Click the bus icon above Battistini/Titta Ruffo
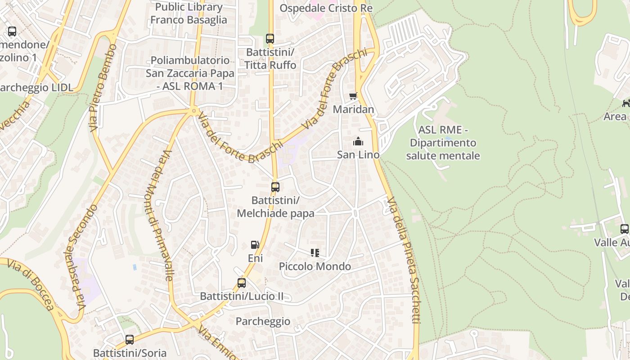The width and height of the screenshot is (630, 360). [270, 39]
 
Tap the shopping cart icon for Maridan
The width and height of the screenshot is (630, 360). [353, 96]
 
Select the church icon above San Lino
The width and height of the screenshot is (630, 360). [358, 142]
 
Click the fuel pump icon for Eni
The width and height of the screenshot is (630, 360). [255, 245]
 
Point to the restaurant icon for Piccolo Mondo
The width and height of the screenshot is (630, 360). [315, 253]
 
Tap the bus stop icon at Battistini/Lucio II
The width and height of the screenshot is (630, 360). [242, 283]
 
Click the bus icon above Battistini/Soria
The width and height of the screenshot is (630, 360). [130, 340]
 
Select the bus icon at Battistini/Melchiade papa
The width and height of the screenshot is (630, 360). [275, 187]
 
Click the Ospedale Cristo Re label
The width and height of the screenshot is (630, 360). [326, 9]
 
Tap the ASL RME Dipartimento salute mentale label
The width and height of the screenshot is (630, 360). [443, 143]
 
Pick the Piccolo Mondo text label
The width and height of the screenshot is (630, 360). [315, 266]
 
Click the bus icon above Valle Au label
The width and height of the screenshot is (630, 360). [624, 229]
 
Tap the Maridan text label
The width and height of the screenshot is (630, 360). [353, 109]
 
